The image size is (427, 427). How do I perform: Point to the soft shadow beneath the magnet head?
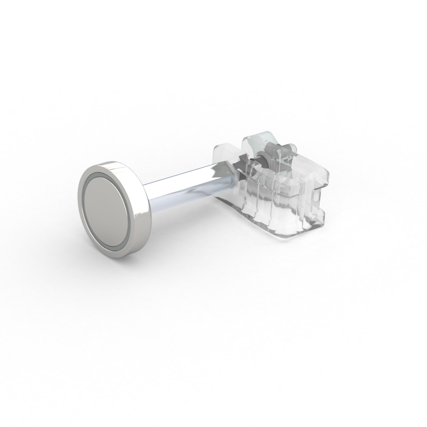123,256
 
